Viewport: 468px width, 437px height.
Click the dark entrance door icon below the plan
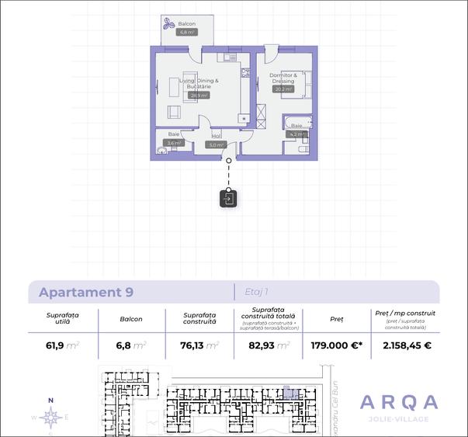[228, 198]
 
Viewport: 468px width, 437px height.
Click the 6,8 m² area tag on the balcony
[186, 33]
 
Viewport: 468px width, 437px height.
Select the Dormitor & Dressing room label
[283, 78]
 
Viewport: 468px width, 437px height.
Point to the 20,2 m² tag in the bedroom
[283, 89]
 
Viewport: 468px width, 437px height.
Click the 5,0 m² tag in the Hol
[216, 144]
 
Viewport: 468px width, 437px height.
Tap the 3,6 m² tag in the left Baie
[174, 143]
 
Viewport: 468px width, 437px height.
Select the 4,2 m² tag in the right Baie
[298, 134]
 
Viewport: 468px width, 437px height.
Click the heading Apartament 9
[86, 293]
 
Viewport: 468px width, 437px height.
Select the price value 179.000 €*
[337, 345]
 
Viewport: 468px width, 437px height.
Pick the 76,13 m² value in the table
[199, 345]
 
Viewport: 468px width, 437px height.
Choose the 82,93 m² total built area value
[269, 345]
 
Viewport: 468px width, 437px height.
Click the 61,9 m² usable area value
[63, 345]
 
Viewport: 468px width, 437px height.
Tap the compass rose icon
[51, 418]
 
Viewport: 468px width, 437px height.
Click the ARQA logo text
[399, 402]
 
